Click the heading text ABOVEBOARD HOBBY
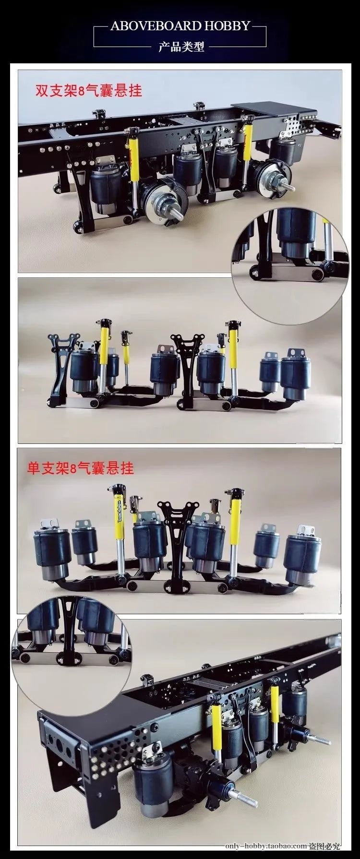180,25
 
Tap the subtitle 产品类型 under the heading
181,47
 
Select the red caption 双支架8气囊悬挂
88,90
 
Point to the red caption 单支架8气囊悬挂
81,468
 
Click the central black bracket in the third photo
178,537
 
